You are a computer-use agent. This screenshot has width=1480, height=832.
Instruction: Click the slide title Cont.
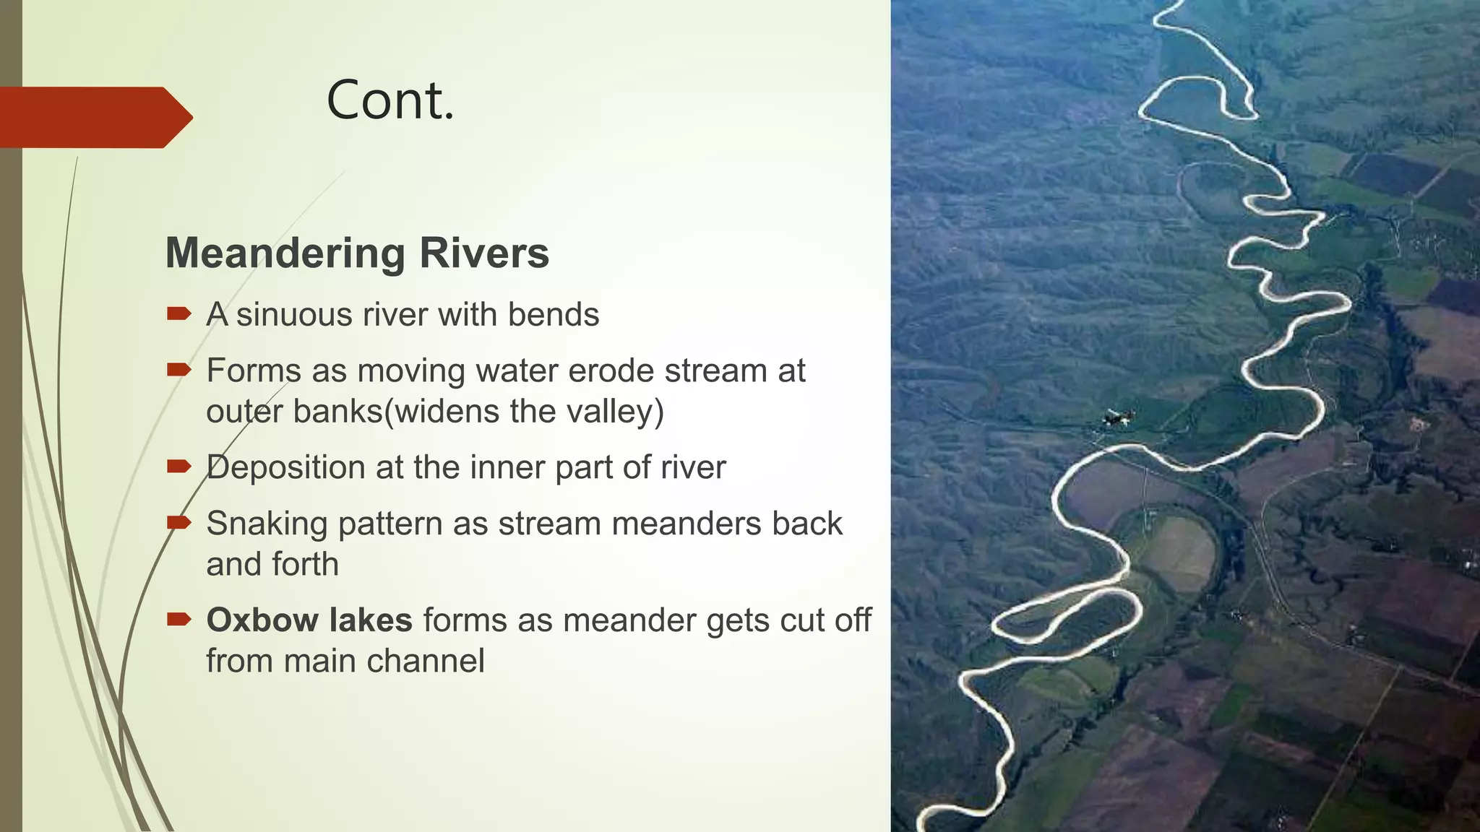tap(390, 100)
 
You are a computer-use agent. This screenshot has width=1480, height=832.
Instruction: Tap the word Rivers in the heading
tap(483, 253)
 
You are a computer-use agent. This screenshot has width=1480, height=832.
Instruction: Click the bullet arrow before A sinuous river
tap(178, 313)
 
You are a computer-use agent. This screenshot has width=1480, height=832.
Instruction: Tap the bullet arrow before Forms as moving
tap(178, 370)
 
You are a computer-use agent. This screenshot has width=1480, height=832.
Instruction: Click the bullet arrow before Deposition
tap(178, 467)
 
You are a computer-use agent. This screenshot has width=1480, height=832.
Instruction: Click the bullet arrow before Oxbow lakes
tap(178, 619)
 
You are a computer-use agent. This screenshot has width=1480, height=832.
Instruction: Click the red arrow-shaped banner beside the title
tap(94, 117)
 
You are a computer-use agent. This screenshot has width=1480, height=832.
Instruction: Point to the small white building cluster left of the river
tap(1117, 417)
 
